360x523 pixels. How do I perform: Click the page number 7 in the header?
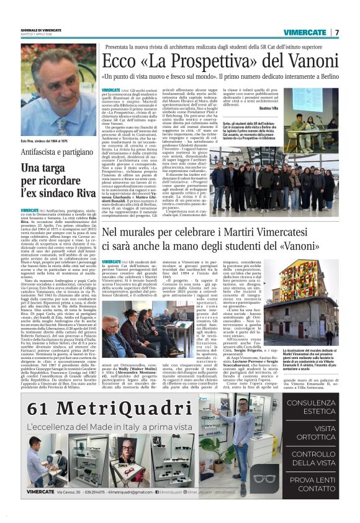(x=338, y=32)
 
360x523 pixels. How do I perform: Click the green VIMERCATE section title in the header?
(x=305, y=32)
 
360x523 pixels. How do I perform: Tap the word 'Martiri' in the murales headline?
(x=250, y=234)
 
